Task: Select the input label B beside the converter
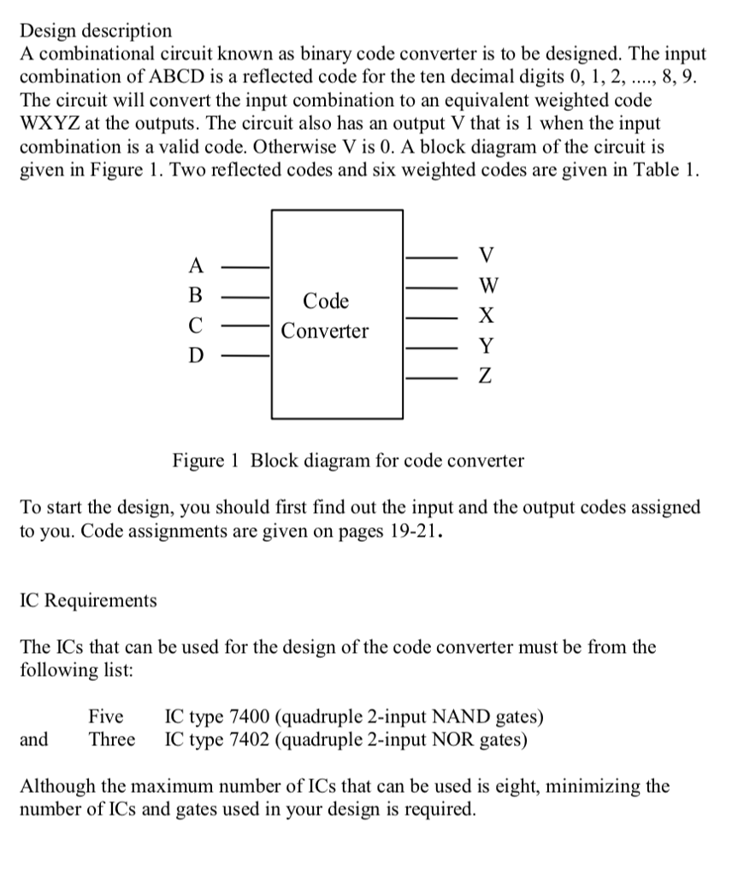(x=196, y=297)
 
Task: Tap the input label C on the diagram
(x=196, y=326)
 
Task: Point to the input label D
(x=196, y=355)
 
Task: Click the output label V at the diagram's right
(x=487, y=255)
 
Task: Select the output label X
(x=486, y=316)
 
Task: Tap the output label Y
(x=486, y=346)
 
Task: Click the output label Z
(x=485, y=377)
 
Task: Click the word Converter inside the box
(x=326, y=331)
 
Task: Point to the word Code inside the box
(x=326, y=302)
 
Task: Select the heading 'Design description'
(x=96, y=32)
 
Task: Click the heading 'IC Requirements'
(x=88, y=601)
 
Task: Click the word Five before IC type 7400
(x=106, y=716)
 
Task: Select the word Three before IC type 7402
(x=111, y=738)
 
